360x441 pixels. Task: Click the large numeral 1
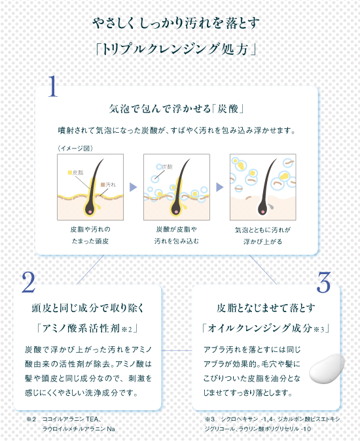tap(53, 86)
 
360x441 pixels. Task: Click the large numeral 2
tap(29, 282)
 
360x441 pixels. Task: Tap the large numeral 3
tap(323, 282)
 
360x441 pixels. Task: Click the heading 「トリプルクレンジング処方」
tap(176, 49)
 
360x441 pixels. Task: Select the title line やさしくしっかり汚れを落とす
tap(176, 23)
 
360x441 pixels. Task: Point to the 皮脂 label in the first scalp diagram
tap(76, 172)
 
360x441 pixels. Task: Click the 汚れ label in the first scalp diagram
tap(108, 185)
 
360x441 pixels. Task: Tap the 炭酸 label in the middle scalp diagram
tap(167, 167)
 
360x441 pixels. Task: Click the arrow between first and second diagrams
tap(133, 186)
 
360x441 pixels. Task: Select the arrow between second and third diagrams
tap(220, 186)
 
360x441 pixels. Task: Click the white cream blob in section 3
tap(327, 369)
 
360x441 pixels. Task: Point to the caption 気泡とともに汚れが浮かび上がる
tap(262, 236)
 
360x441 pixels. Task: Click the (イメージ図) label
tap(75, 149)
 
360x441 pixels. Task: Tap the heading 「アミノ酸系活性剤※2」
tap(87, 328)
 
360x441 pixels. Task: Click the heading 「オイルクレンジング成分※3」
tap(266, 328)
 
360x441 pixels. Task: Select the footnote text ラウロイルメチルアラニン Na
tap(79, 429)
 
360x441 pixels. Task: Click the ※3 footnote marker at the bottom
tap(210, 419)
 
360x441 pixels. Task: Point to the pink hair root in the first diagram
tap(90, 211)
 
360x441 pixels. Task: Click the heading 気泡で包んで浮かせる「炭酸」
tap(176, 109)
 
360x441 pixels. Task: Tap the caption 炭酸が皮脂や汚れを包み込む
tap(176, 235)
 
